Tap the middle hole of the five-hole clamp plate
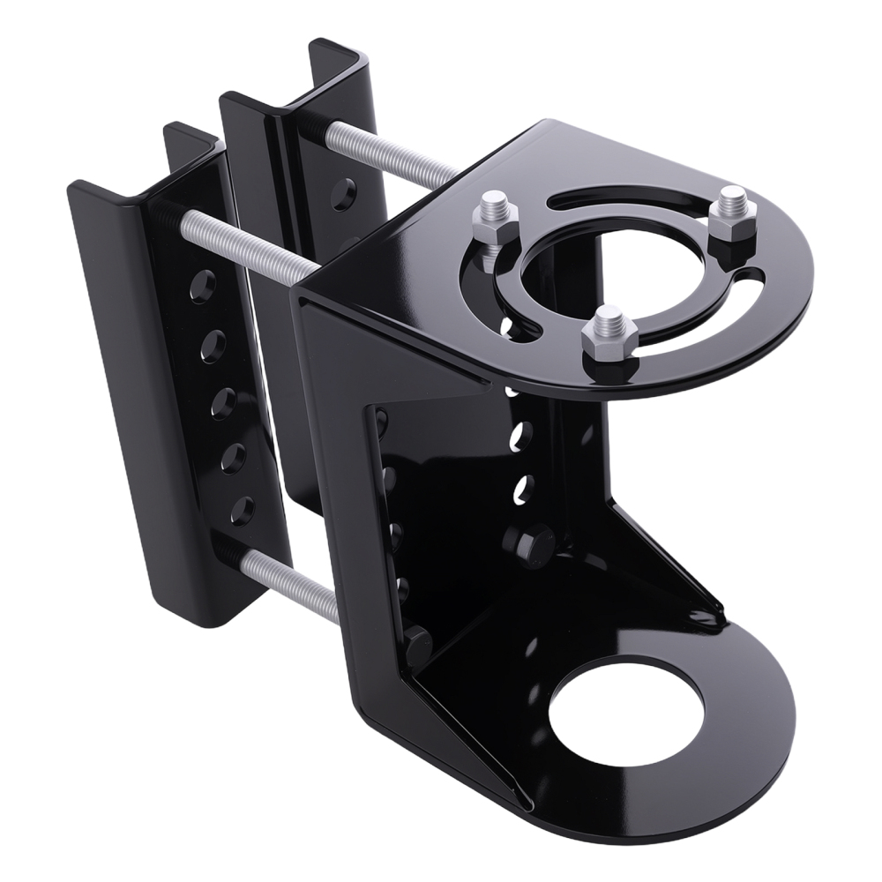pyautogui.click(x=224, y=401)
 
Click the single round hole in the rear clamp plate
pyautogui.click(x=347, y=189)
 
